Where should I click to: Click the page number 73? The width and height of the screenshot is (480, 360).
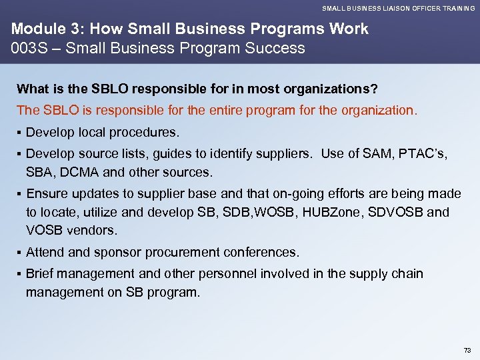click(466, 350)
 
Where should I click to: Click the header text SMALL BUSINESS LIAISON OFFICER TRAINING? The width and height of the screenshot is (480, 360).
click(399, 9)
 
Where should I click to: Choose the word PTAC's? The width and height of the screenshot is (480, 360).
click(425, 153)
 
